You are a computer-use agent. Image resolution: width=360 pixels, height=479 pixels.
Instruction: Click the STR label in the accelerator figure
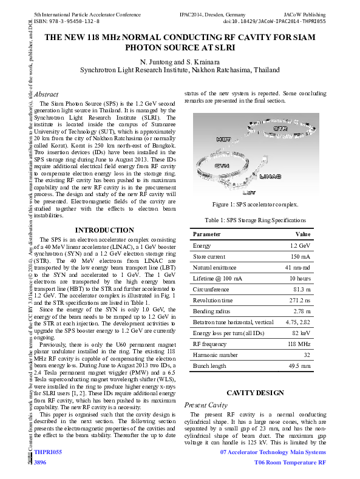tap(280, 129)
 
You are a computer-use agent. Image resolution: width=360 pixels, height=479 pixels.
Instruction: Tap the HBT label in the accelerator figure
tap(223, 138)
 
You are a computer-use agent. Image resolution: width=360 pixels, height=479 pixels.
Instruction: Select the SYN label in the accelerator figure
tap(222, 165)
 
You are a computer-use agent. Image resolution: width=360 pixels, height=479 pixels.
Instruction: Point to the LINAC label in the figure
tap(270, 177)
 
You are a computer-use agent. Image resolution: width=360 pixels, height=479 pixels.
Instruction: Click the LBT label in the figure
tap(249, 192)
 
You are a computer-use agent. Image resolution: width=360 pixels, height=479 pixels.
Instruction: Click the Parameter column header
tap(206, 234)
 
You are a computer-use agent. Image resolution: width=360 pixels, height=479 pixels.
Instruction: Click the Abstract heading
tap(46, 95)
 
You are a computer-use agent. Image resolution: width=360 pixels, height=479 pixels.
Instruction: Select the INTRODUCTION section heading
tap(104, 230)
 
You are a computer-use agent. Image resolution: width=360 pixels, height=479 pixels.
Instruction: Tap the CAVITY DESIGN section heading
tap(255, 393)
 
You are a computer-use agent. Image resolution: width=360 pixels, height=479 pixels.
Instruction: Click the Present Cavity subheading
tap(206, 404)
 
